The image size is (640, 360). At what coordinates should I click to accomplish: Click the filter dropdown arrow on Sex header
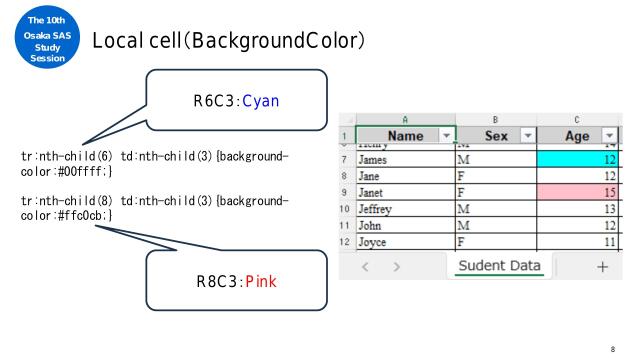(525, 135)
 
